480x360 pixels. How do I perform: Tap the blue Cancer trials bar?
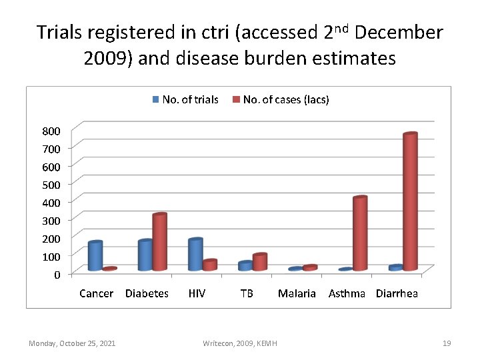pos(95,256)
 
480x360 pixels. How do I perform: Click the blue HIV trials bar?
pos(195,255)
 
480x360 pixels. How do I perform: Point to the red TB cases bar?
pos(259,262)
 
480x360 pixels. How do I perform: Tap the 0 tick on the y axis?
pos(57,274)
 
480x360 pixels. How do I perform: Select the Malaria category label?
pos(297,293)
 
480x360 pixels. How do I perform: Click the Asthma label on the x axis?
pos(347,293)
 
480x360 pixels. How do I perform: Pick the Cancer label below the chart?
pos(96,293)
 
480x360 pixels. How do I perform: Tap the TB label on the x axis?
pos(247,293)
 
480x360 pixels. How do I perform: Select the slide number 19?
pos(447,343)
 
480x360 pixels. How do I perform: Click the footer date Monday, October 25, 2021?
pos(72,343)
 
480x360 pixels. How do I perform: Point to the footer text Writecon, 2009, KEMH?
pos(240,343)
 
